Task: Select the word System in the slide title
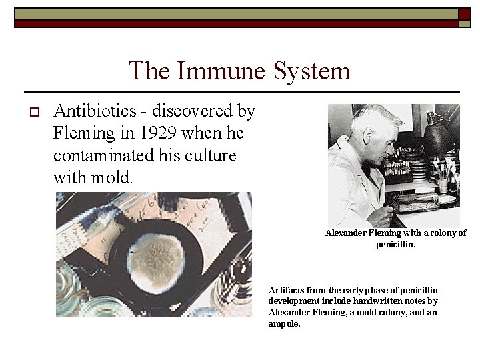[312, 71]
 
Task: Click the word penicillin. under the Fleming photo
[395, 244]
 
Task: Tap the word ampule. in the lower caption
[285, 323]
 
